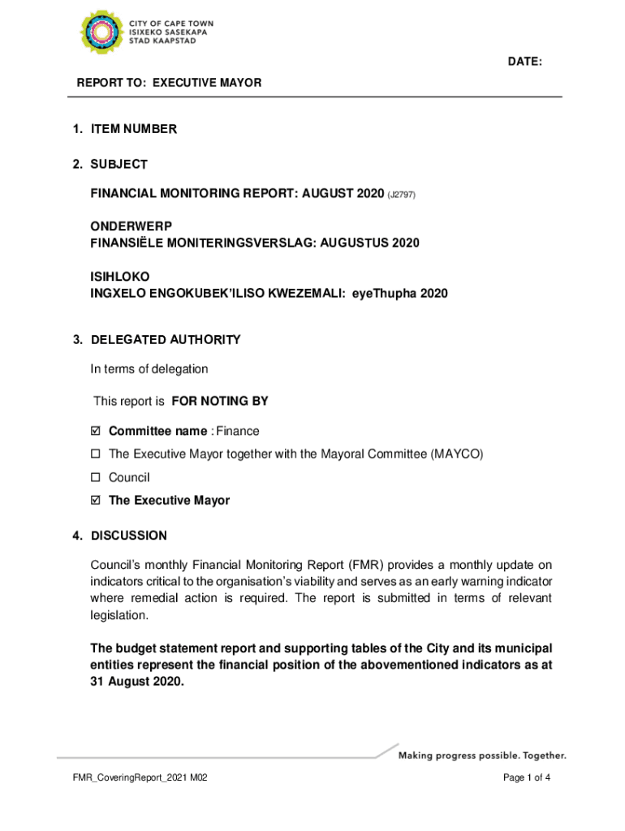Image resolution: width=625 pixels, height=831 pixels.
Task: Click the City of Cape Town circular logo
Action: [101, 32]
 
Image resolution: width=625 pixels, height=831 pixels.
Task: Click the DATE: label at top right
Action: [525, 62]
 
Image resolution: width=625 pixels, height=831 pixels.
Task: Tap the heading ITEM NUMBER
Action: [133, 129]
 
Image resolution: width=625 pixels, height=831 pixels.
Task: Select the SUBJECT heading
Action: [119, 165]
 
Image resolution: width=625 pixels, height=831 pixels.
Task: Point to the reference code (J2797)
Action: [402, 195]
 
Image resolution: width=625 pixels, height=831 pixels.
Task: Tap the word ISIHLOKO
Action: [119, 277]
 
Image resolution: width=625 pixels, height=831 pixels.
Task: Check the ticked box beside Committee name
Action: [95, 431]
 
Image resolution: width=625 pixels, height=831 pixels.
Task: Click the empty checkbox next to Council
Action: [95, 478]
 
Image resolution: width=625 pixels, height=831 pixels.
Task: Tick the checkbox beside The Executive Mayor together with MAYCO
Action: [95, 454]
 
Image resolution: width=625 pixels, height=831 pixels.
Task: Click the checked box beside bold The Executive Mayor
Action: [95, 501]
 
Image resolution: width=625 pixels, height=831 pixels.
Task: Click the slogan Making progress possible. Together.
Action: [481, 756]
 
